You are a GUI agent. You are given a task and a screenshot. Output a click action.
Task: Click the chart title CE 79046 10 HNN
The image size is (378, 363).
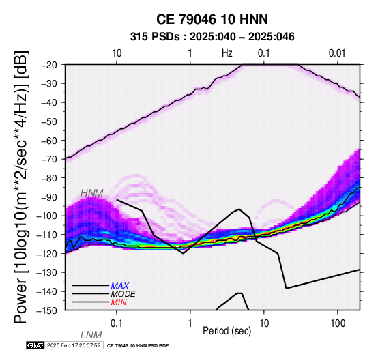(212, 19)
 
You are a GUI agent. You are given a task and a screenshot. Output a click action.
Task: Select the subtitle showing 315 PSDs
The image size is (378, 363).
(212, 37)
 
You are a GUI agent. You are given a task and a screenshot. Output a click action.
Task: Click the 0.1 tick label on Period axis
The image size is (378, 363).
(117, 323)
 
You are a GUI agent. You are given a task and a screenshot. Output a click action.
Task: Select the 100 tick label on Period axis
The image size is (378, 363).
(338, 323)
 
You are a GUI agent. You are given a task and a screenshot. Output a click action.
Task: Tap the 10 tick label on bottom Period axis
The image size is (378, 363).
(264, 323)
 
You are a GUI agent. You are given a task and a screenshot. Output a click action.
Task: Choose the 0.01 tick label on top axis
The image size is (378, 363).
(337, 53)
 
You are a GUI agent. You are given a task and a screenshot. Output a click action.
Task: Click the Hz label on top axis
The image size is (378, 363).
(227, 53)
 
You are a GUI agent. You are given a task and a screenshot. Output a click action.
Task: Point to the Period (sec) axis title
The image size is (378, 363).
(227, 331)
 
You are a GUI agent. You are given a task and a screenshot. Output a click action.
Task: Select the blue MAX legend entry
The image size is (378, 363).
(120, 286)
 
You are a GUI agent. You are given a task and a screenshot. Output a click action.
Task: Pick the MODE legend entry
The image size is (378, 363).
(123, 294)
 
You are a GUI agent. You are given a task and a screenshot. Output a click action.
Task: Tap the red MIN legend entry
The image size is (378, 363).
(119, 302)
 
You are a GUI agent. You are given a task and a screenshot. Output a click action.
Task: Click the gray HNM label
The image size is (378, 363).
(92, 193)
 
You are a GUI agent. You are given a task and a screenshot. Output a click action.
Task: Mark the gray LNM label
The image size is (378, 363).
(91, 335)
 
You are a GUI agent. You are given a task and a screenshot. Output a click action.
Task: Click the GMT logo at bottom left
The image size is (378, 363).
(35, 345)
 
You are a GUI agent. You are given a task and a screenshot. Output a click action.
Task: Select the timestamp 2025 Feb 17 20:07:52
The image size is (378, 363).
(74, 345)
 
